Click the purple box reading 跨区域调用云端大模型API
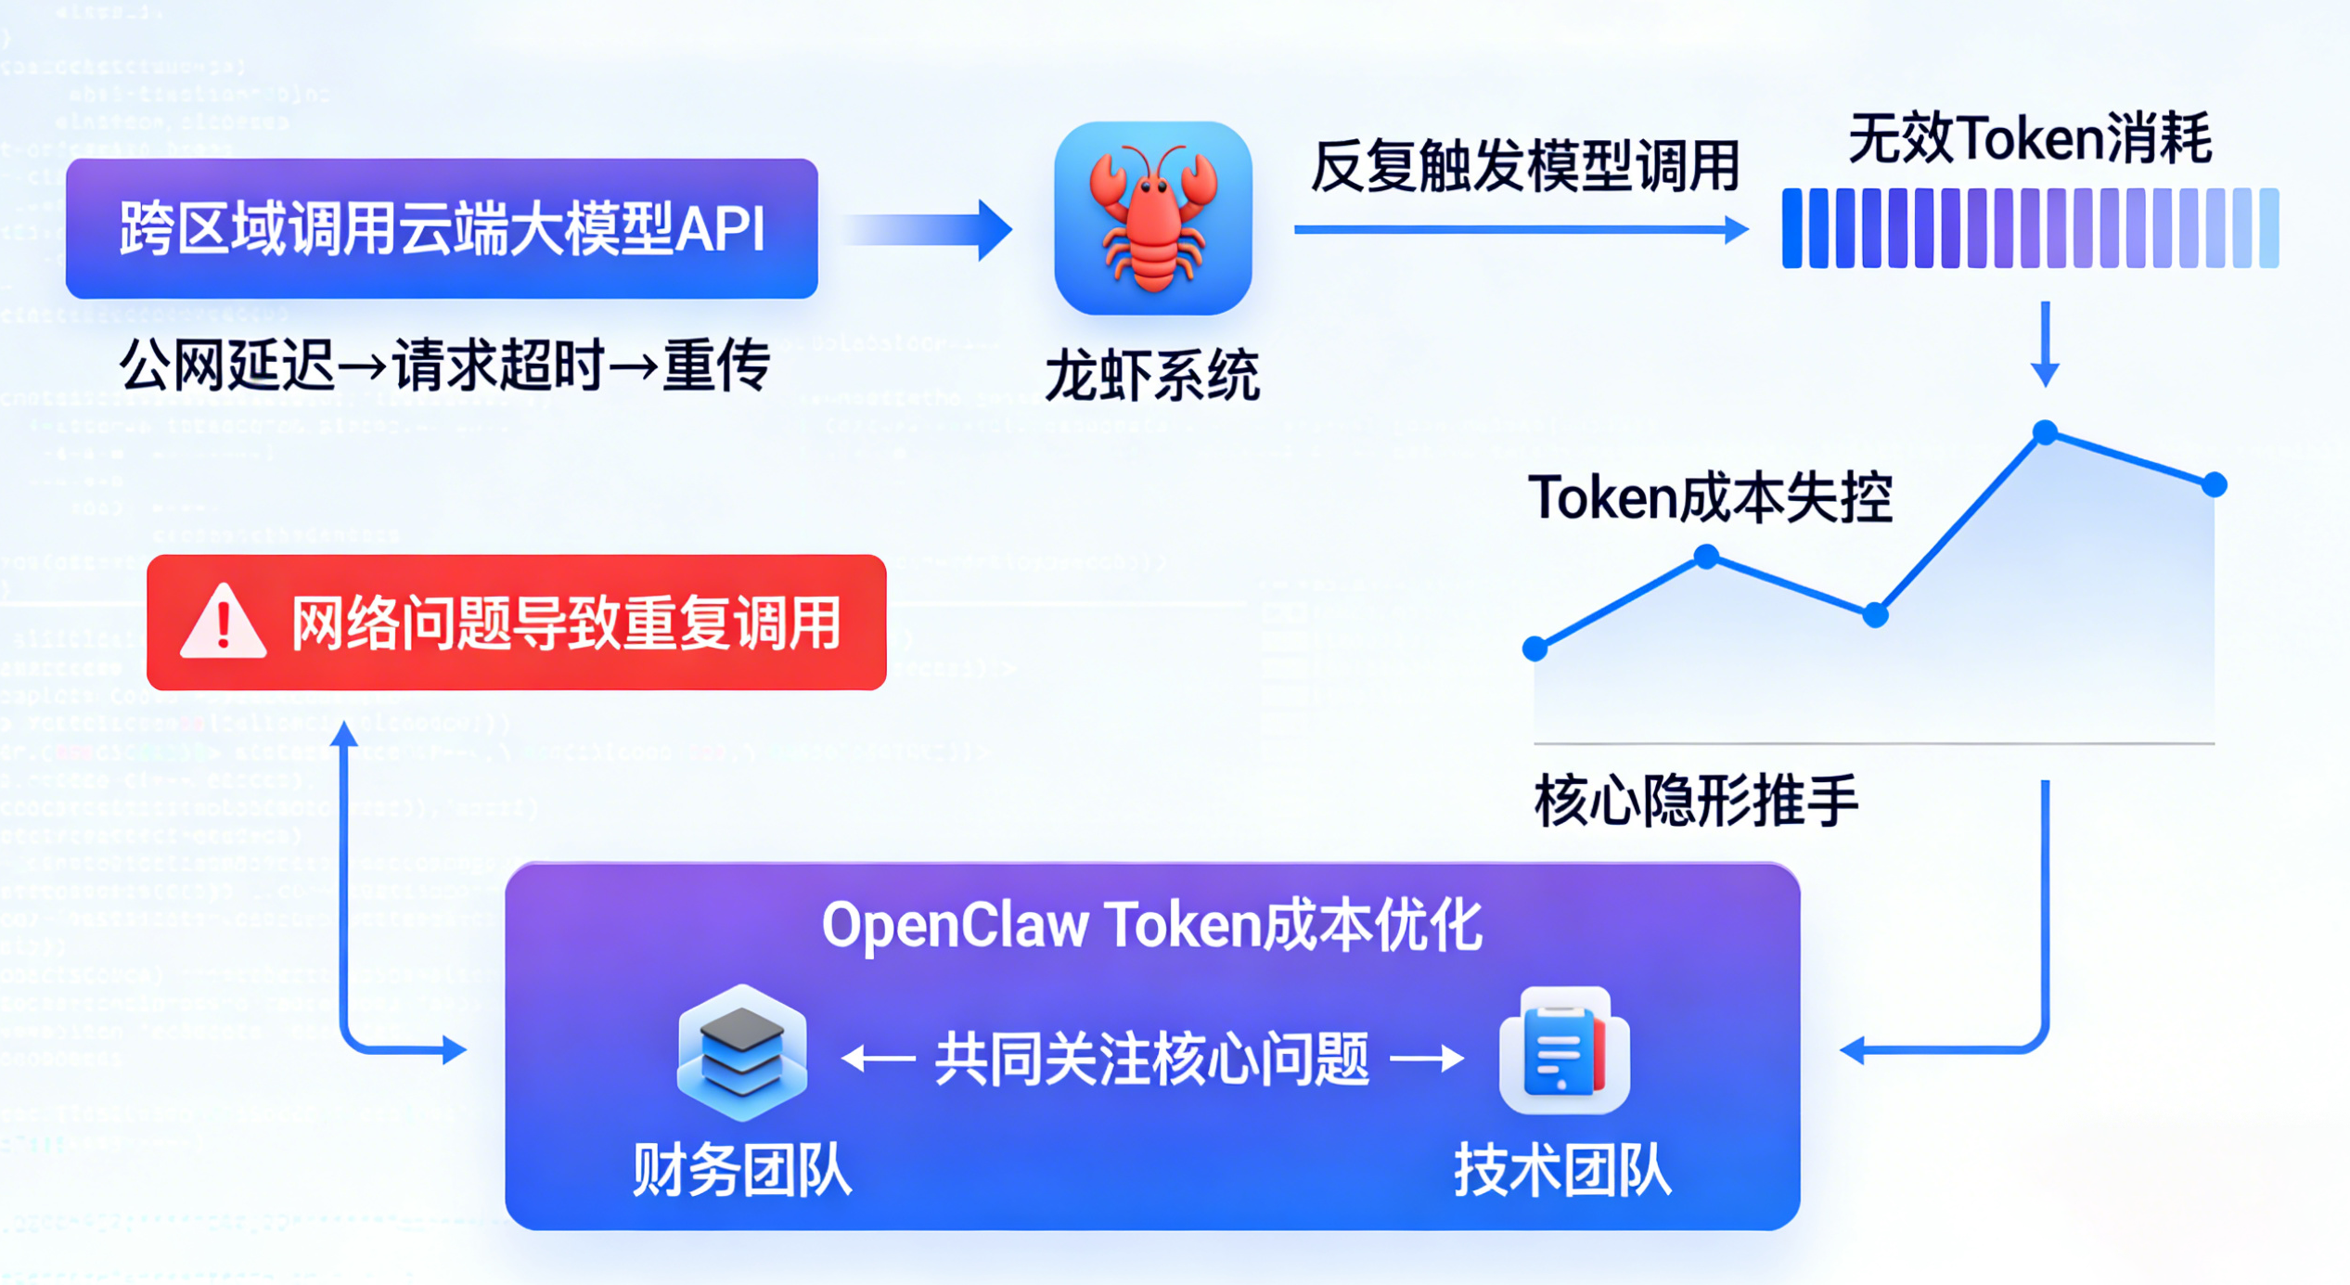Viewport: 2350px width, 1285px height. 442,228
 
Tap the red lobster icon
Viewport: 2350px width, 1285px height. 1152,219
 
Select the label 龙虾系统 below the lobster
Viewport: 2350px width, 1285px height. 1152,376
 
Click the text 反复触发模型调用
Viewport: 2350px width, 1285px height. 1524,167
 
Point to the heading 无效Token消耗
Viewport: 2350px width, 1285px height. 2030,139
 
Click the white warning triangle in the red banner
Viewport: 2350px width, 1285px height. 223,623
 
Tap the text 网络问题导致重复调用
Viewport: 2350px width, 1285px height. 566,623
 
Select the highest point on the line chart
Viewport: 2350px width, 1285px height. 2045,432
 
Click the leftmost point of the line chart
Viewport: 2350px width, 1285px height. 1535,649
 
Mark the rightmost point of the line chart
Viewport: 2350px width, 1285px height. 2215,484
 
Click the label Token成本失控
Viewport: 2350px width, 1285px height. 1710,498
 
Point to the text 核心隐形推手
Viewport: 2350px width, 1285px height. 1696,801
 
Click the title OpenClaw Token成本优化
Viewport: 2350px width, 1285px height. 1151,926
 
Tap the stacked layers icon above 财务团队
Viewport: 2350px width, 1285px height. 741,1053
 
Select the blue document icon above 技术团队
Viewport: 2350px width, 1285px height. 1564,1051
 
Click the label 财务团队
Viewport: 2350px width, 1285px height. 741,1170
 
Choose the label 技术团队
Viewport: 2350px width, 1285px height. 1562,1170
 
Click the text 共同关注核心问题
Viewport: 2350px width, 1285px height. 1151,1059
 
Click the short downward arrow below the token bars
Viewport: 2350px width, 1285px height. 2045,343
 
